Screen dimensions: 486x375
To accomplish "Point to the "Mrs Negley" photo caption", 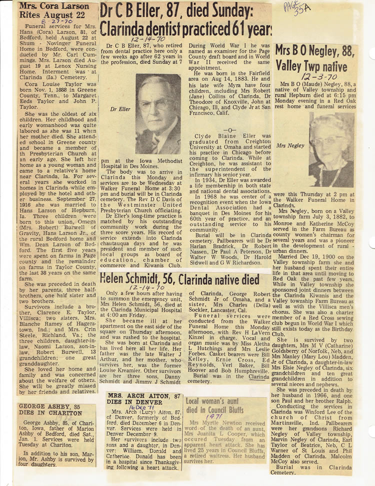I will point(289,145).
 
